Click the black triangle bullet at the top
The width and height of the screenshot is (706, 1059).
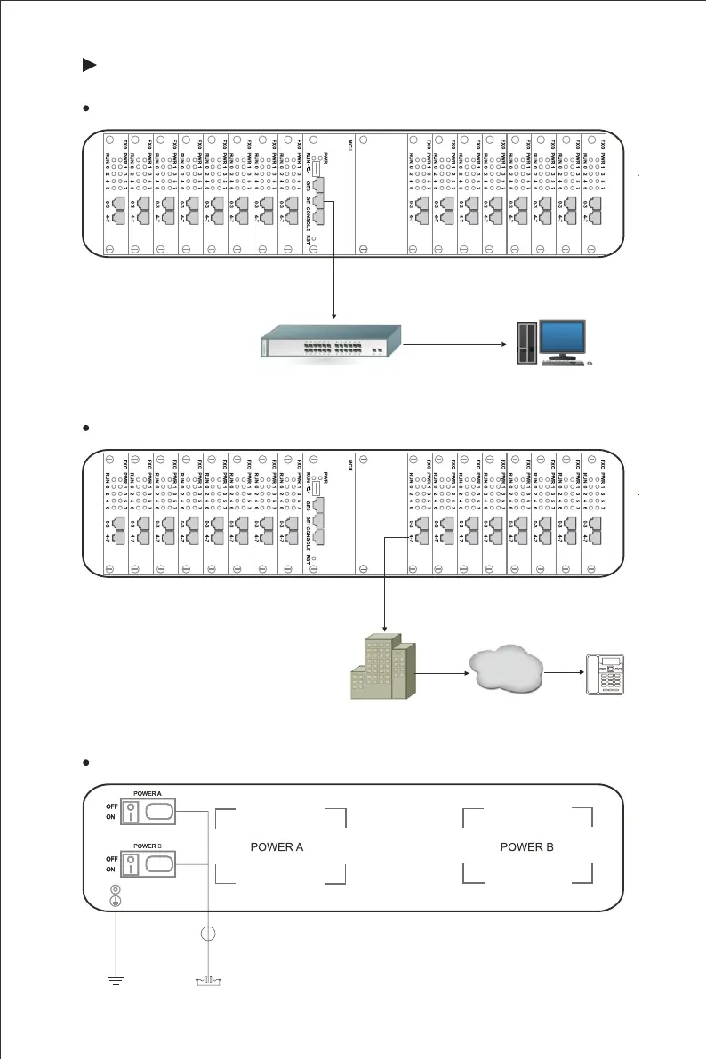click(89, 65)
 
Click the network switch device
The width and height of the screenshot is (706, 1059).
click(330, 341)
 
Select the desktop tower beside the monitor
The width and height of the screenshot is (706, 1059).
click(525, 343)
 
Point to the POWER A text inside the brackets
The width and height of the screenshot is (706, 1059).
click(277, 846)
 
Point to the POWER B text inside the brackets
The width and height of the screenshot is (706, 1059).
click(526, 846)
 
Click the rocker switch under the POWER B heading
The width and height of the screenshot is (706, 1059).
click(131, 863)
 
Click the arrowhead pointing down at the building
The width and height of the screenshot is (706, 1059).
click(383, 629)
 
